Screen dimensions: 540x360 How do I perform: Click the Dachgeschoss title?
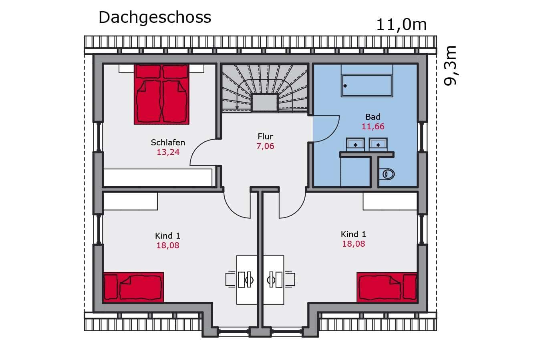click(x=155, y=17)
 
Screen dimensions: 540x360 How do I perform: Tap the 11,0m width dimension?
click(x=401, y=24)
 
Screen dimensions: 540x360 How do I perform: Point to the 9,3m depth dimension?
click(x=450, y=65)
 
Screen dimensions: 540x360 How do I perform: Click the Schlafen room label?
click(x=168, y=143)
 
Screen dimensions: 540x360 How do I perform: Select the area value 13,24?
click(x=168, y=152)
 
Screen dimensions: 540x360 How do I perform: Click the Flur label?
click(x=265, y=137)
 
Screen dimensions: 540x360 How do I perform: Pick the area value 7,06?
click(x=265, y=146)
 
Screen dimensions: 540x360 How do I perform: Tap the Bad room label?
click(x=373, y=117)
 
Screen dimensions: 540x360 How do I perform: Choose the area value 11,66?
click(x=373, y=127)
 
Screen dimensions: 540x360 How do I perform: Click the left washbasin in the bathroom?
click(x=355, y=144)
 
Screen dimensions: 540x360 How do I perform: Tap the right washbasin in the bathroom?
click(x=378, y=144)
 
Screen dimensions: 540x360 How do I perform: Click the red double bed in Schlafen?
click(x=161, y=94)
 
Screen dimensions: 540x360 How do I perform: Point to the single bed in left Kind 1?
click(x=133, y=287)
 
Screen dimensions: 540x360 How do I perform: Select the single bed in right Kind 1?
click(x=387, y=287)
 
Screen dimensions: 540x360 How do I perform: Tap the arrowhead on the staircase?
click(x=237, y=107)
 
